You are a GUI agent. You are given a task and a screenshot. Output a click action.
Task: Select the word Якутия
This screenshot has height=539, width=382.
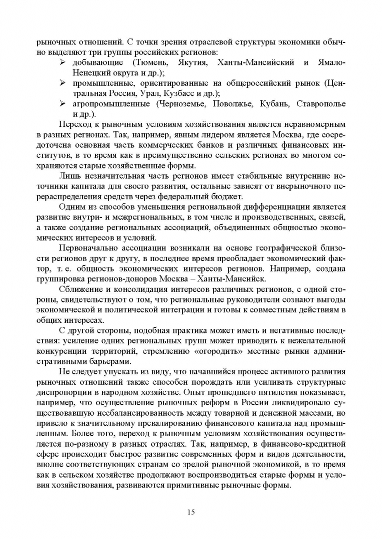pos(190,61)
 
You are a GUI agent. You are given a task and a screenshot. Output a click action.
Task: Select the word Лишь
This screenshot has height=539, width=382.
pos(69,177)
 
